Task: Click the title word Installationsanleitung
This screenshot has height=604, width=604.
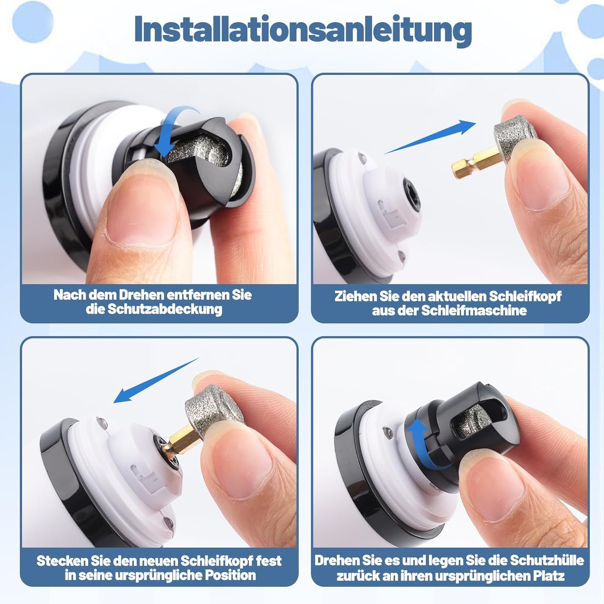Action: click(x=303, y=29)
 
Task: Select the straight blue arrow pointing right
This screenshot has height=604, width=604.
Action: click(x=430, y=137)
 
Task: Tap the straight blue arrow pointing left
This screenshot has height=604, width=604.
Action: click(x=156, y=381)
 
